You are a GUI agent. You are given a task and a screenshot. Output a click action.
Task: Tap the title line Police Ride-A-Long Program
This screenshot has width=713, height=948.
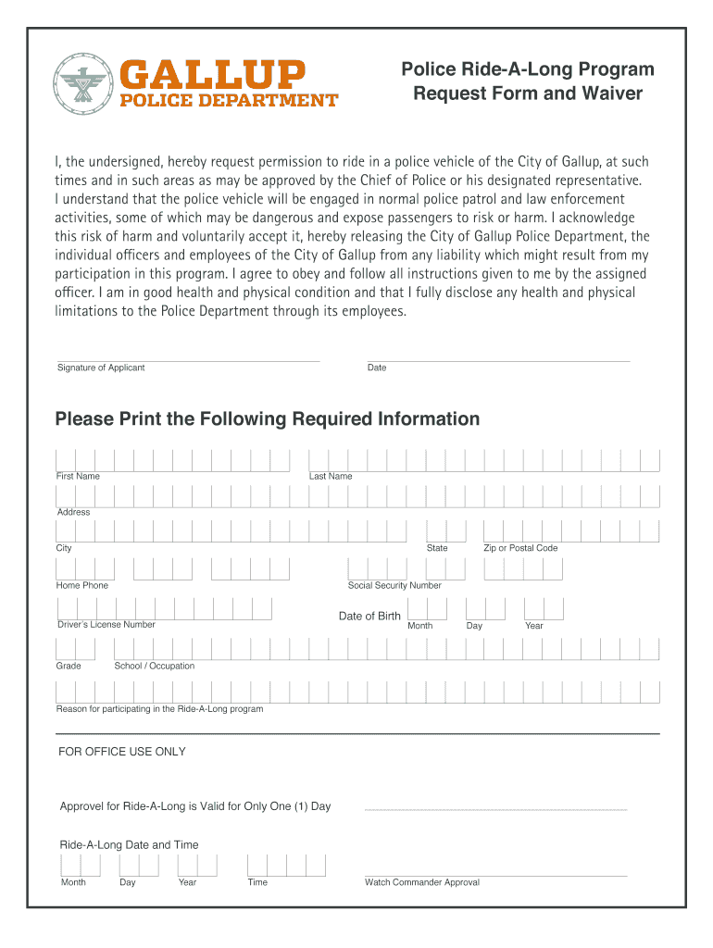coord(527,69)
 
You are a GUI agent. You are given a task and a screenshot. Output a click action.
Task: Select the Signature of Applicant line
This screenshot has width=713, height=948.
coord(188,360)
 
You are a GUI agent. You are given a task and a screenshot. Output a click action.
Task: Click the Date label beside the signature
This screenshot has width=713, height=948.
coord(377,368)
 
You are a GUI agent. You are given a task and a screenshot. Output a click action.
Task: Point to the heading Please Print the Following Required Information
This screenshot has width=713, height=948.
coord(268,419)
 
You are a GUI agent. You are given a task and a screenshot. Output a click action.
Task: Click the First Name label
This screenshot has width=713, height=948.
coord(79,476)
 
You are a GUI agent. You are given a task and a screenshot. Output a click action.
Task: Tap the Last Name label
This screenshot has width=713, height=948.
coord(331,476)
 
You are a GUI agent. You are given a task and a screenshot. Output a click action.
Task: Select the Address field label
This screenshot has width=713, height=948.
coord(74,512)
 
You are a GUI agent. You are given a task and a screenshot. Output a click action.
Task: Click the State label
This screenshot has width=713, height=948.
coord(437,548)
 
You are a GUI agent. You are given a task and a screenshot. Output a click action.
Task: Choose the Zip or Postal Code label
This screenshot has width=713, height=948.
coord(520,548)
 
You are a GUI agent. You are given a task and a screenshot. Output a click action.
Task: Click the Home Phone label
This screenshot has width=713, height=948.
coord(82,585)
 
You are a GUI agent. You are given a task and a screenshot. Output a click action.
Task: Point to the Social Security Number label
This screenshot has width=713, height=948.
coord(394,585)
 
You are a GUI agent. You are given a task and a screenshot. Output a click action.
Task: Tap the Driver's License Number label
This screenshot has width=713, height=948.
coord(106,624)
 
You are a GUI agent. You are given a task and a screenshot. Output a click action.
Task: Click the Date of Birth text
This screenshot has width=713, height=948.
coord(369,617)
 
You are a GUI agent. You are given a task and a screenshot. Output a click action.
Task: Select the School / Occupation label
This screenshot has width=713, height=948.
coord(155,666)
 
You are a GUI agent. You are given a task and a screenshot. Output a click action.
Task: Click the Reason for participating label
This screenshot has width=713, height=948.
coord(160,709)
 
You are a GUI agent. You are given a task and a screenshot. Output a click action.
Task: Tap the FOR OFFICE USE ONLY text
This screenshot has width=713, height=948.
coord(122,752)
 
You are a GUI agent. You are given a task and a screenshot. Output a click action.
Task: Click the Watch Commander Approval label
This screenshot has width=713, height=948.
coord(422,882)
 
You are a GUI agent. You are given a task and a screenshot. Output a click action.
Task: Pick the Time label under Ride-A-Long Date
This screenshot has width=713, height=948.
coord(257,882)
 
